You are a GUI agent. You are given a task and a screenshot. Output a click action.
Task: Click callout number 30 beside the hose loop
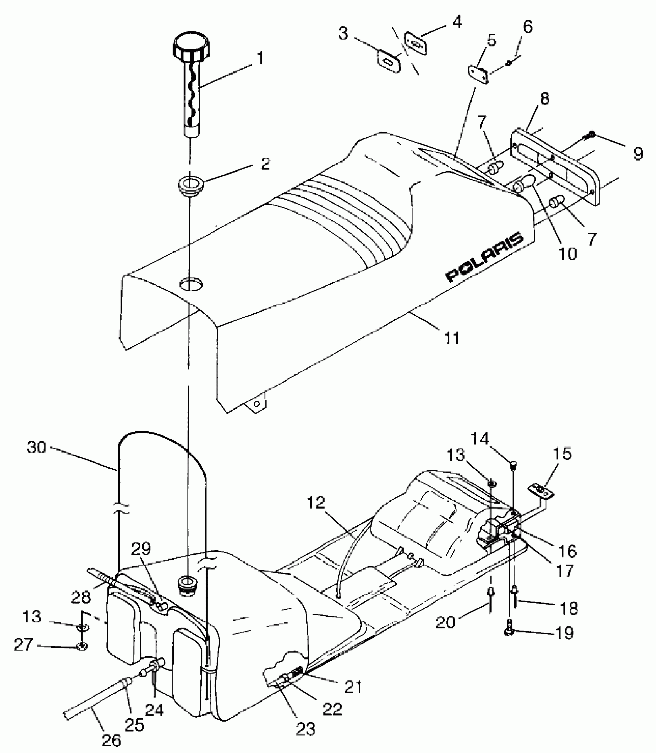(x=36, y=448)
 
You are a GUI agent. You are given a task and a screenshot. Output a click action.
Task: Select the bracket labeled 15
(x=541, y=491)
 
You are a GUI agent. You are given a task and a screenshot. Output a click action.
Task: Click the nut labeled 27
(x=83, y=645)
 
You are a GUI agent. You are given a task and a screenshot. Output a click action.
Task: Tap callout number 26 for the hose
(x=112, y=729)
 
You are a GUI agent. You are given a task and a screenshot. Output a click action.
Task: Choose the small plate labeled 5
(x=478, y=73)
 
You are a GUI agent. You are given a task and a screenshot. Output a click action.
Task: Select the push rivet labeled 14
(x=513, y=465)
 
